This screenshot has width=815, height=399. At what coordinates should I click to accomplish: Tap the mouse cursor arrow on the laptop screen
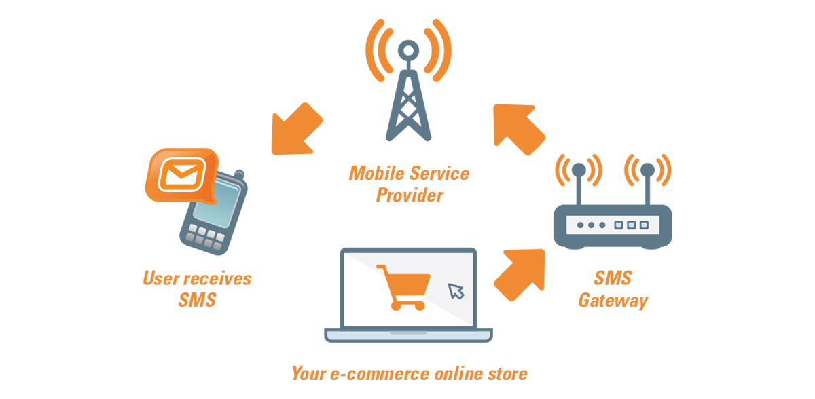click(x=456, y=290)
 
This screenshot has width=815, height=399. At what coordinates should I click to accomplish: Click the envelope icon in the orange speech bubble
click(x=180, y=174)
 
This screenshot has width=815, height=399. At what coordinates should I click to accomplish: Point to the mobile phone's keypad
click(x=203, y=237)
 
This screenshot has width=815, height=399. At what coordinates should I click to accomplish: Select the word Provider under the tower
click(x=410, y=196)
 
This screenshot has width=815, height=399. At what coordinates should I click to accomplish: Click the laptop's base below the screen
click(x=408, y=335)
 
